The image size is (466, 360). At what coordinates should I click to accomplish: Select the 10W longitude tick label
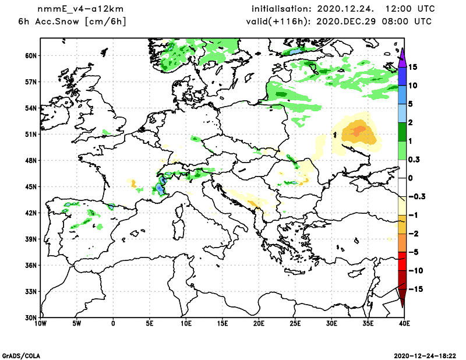tap(40, 323)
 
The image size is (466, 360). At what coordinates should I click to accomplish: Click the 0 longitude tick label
tap(113, 323)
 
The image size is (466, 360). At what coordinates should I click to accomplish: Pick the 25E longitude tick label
tap(295, 323)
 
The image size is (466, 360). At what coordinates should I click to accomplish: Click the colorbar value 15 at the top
tap(412, 68)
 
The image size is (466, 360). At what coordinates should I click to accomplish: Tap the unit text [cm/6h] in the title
tap(106, 22)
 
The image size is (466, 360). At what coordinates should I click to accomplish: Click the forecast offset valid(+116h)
tap(278, 22)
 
